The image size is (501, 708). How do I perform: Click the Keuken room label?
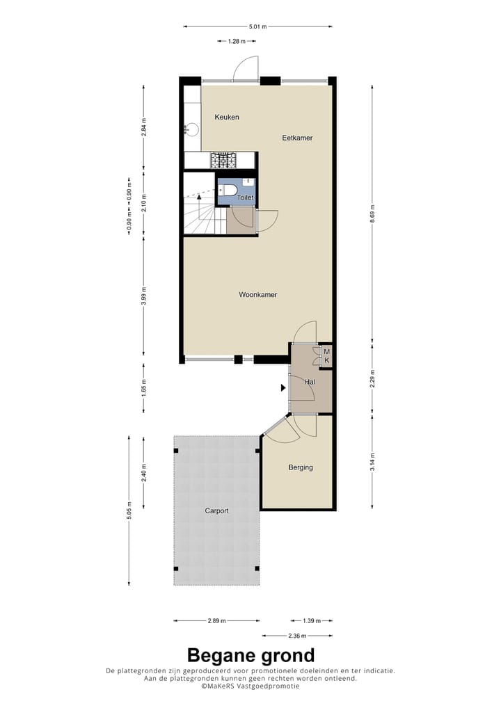pyautogui.click(x=227, y=117)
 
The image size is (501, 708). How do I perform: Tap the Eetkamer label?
pyautogui.click(x=297, y=138)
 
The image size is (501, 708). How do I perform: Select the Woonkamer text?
pyautogui.click(x=258, y=295)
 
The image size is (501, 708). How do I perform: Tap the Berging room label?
pyautogui.click(x=301, y=467)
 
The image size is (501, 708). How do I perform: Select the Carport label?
pyautogui.click(x=216, y=510)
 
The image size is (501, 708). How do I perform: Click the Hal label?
pyautogui.click(x=310, y=381)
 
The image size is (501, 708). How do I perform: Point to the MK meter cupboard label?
pyautogui.click(x=326, y=356)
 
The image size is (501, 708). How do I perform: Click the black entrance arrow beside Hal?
pyautogui.click(x=283, y=387)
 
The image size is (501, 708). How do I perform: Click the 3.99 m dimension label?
pyautogui.click(x=143, y=295)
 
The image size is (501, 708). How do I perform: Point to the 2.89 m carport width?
pyautogui.click(x=217, y=620)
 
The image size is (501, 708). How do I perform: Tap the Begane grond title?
pyautogui.click(x=250, y=655)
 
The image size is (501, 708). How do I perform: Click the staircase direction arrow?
pyautogui.click(x=200, y=198)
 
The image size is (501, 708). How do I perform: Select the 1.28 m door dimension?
pyautogui.click(x=237, y=42)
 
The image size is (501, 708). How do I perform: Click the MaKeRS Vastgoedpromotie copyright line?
pyautogui.click(x=250, y=686)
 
